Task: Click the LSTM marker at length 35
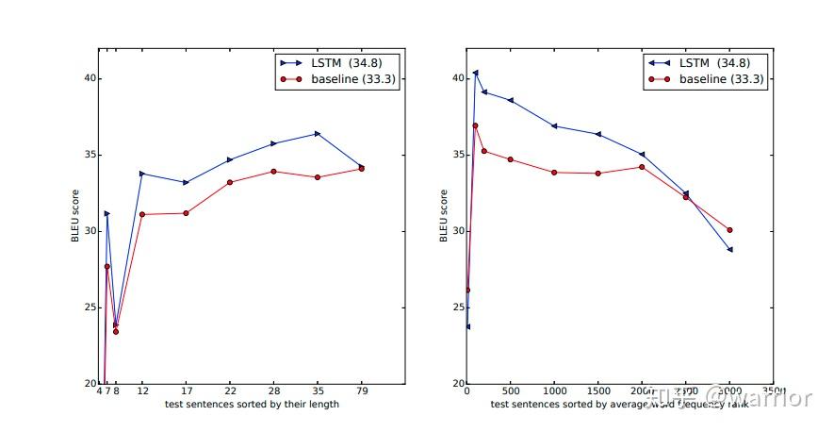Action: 318,134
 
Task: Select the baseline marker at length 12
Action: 142,214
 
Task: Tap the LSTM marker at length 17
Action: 186,182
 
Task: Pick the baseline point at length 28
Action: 273,171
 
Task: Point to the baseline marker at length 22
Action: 230,182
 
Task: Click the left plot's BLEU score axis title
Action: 74,216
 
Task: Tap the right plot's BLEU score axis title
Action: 443,216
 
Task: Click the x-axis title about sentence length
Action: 252,405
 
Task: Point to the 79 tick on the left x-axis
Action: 361,390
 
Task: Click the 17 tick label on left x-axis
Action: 186,390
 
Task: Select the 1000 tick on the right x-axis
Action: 554,390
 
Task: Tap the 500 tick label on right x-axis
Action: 510,390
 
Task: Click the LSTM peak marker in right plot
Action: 475,72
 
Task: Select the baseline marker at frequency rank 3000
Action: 729,230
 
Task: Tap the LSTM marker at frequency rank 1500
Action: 597,134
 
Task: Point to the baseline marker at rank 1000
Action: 554,172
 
